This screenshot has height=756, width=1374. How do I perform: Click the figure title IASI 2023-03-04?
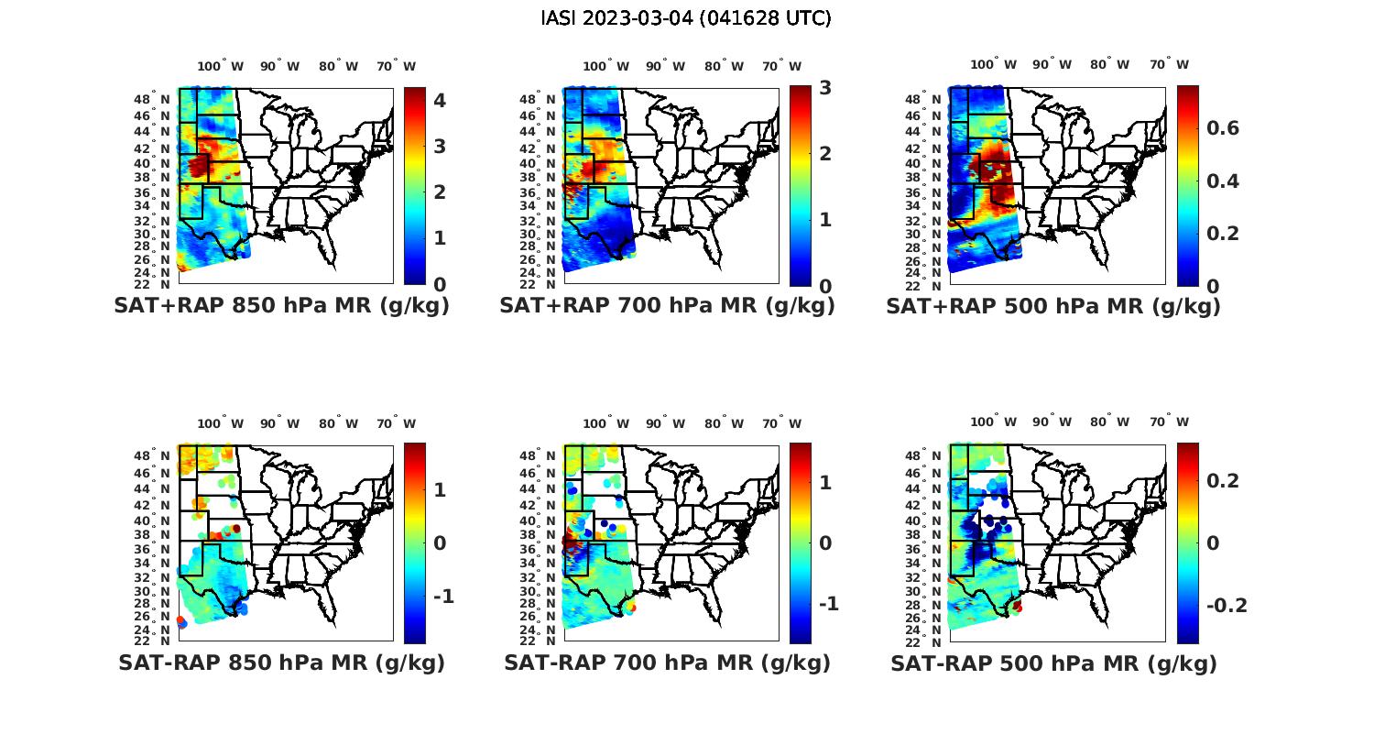[x=686, y=18]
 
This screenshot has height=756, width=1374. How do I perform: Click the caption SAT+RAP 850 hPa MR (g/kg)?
[x=281, y=306]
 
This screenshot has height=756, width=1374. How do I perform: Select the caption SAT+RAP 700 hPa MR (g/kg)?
[x=667, y=306]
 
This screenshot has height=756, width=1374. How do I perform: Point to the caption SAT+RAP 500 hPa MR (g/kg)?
[x=1053, y=306]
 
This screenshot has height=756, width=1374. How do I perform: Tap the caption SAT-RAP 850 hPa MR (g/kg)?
[x=281, y=663]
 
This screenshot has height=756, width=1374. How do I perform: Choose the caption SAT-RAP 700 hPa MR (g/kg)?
[x=667, y=663]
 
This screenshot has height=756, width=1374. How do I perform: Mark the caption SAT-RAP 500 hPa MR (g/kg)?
[x=1053, y=663]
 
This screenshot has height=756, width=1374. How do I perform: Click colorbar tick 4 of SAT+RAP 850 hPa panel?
[x=440, y=100]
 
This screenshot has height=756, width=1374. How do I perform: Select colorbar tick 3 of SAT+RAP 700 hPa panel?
[x=825, y=88]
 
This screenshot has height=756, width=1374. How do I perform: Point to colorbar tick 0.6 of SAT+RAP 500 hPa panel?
[x=1223, y=127]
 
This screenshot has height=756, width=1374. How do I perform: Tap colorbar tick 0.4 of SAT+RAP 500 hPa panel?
[x=1223, y=181]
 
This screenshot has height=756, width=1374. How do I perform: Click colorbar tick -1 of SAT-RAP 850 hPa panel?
[x=443, y=597]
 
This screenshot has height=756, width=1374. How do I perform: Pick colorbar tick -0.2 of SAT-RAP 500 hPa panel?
[x=1227, y=606]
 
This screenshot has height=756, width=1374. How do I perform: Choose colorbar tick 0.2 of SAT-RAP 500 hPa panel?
[x=1223, y=481]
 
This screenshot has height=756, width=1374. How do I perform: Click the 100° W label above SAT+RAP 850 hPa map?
[x=221, y=66]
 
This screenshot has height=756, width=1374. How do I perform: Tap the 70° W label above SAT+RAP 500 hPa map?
[x=1170, y=64]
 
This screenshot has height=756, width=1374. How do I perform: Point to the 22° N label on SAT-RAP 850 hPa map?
[x=160, y=641]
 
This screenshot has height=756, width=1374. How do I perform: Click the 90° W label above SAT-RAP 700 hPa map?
[x=666, y=423]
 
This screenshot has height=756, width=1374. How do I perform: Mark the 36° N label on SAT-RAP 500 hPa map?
[x=932, y=550]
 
